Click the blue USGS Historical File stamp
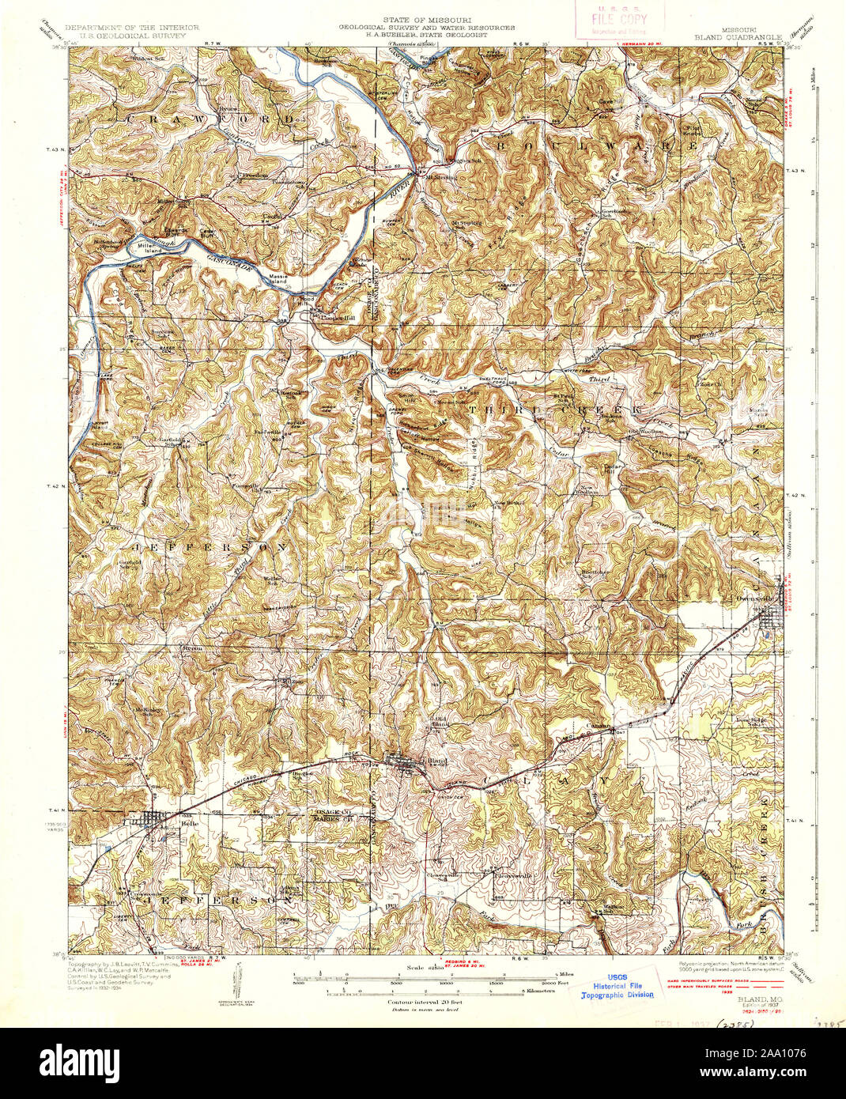[623, 985]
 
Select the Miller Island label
[149, 247]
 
